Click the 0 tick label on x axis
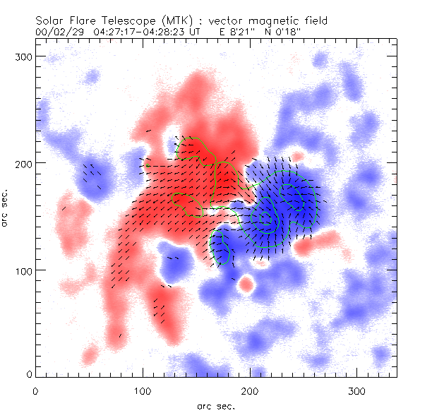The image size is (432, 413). click(35, 390)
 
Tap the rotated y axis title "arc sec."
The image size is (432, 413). click(6, 208)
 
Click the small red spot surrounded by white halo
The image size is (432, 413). click(246, 285)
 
